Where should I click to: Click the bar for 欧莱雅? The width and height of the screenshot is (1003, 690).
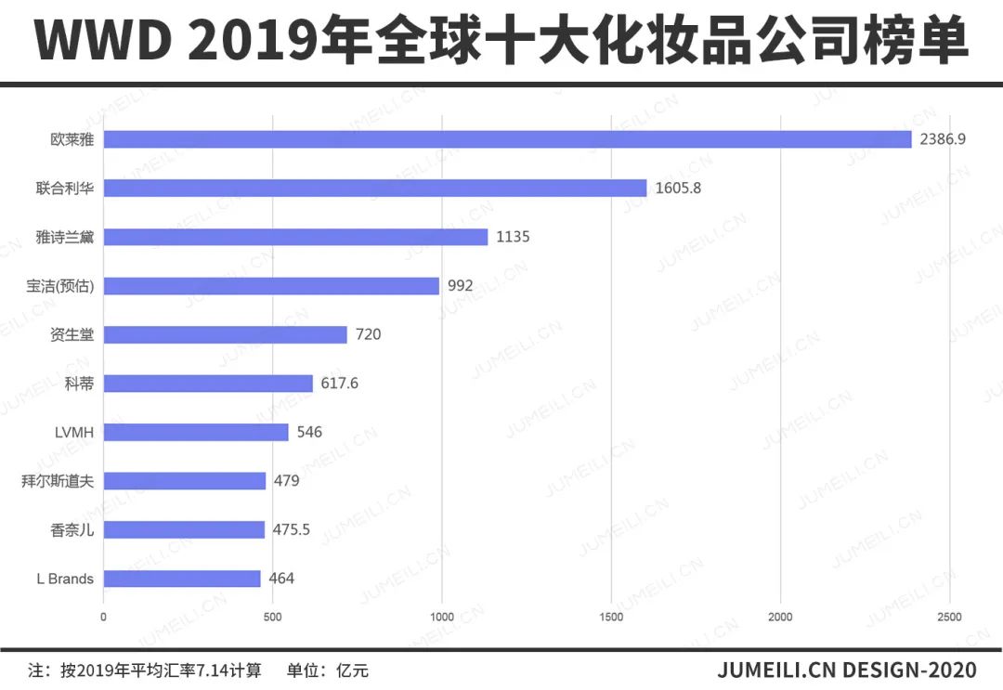coord(507,139)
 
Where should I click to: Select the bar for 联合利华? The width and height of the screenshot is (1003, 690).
coord(375,188)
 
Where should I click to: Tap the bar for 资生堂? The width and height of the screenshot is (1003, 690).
coord(225,334)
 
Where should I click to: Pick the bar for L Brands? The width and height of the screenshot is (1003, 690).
coord(182,579)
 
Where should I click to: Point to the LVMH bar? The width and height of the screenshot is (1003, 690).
coord(196,432)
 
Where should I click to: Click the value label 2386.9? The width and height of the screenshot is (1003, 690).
coord(943,139)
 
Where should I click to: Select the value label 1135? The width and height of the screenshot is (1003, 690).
coord(513,237)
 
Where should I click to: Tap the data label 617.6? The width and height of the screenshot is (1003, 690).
coord(340,383)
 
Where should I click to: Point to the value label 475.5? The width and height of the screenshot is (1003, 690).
coord(292,529)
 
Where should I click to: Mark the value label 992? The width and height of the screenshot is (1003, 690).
coord(460,285)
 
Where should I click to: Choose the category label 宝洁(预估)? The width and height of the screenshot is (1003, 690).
coord(60,286)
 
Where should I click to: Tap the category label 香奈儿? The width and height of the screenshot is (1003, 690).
coord(72,529)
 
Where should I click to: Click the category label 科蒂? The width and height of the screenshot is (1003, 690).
coord(80,384)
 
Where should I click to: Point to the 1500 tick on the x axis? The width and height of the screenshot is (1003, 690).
coord(611,617)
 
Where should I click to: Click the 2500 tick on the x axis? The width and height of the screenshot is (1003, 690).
coord(949,617)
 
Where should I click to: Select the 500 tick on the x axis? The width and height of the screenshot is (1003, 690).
coord(272,617)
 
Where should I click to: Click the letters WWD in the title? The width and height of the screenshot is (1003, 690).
coord(101,43)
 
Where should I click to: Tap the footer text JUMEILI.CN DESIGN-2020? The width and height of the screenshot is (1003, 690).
coord(846,670)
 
